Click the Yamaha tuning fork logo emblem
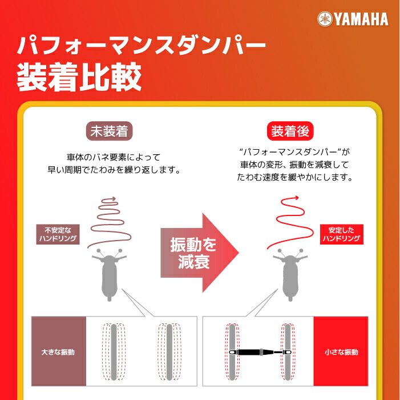(325, 19)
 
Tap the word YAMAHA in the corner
(361, 19)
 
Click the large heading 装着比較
(79, 78)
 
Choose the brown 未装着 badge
(110, 131)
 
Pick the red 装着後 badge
(290, 131)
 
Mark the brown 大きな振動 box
(58, 352)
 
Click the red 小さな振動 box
(341, 352)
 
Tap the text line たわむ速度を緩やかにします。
(294, 177)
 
